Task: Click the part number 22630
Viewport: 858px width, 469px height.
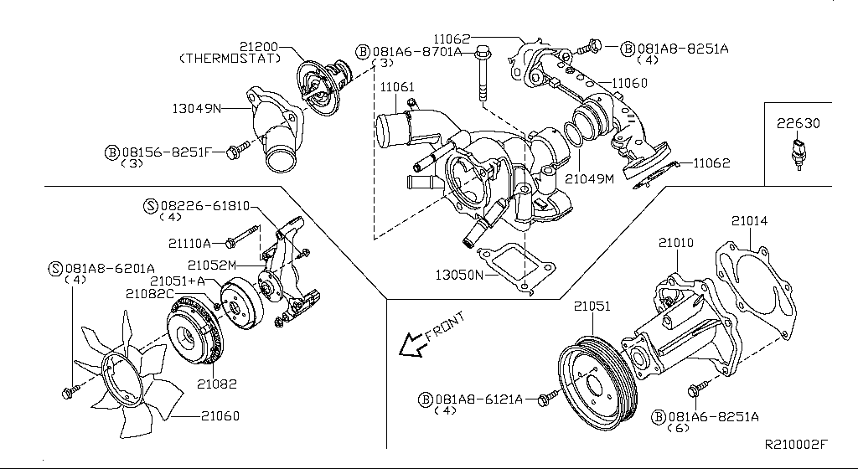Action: [797, 123]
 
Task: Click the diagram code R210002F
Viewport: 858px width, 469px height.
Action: [795, 445]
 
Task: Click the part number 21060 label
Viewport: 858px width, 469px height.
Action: [220, 415]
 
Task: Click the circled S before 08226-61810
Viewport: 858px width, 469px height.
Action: [151, 205]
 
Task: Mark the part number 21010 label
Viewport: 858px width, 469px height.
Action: [675, 243]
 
